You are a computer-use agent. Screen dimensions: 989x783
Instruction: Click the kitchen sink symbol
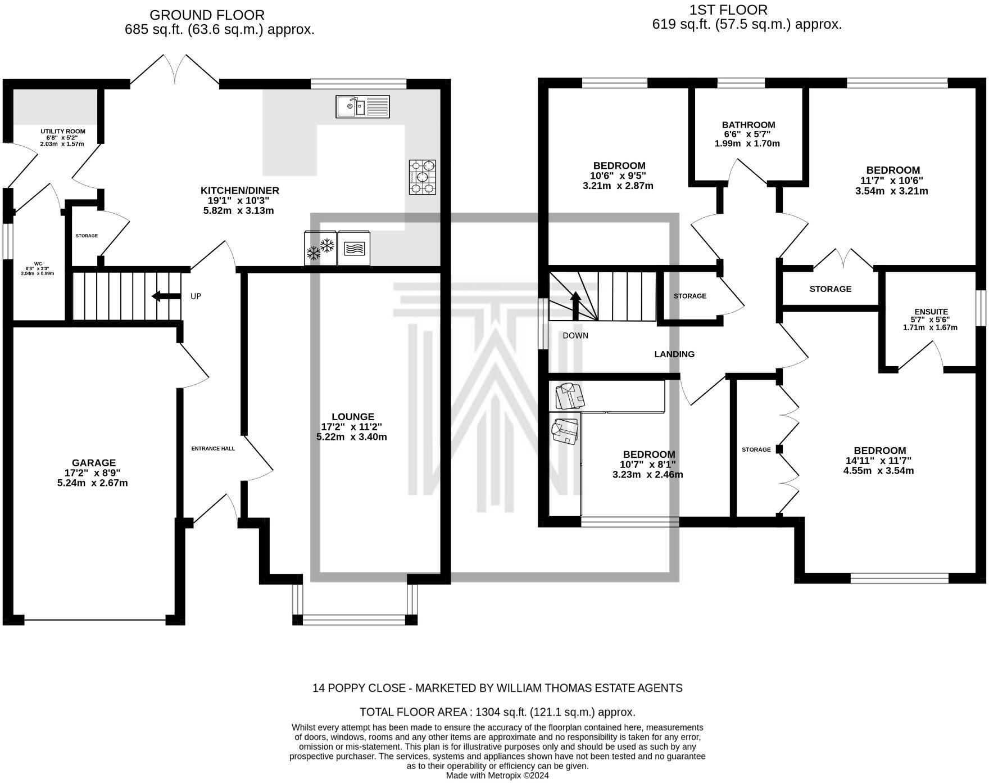(x=362, y=106)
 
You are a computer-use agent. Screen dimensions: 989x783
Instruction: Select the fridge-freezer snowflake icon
(x=320, y=248)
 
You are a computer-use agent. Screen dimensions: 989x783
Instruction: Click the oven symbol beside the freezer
(x=353, y=248)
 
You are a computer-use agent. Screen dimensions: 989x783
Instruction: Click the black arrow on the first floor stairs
(x=575, y=304)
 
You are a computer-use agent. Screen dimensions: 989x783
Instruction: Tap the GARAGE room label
(x=93, y=463)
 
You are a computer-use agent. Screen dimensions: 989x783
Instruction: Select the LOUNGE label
(x=352, y=417)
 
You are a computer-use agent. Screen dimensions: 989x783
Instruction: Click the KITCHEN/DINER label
(x=240, y=191)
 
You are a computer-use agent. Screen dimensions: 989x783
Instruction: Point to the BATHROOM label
(x=748, y=125)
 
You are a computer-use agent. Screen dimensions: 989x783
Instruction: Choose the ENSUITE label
(x=931, y=312)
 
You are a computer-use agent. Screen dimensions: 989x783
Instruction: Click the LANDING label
(x=674, y=354)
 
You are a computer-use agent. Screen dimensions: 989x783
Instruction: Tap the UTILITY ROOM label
(x=62, y=132)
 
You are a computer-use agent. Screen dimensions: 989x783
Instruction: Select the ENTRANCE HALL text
(x=213, y=448)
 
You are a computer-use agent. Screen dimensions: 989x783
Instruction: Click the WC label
(x=38, y=263)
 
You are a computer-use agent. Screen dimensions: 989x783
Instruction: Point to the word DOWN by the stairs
(x=575, y=336)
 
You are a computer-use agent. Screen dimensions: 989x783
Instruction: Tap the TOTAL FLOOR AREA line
(x=497, y=712)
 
